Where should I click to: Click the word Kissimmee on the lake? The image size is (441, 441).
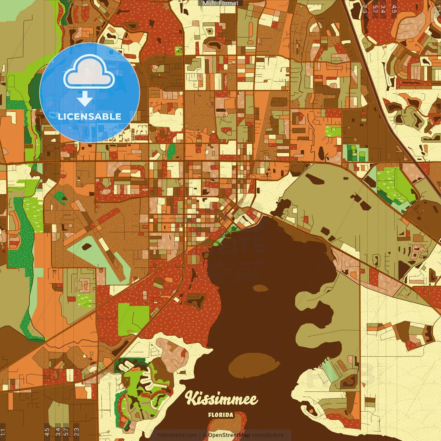[221, 399]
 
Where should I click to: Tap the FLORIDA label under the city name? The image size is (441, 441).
[220, 415]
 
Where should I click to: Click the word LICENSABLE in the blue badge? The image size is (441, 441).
[90, 116]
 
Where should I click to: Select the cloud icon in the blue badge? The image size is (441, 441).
[89, 72]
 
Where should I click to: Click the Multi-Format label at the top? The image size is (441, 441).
[220, 3]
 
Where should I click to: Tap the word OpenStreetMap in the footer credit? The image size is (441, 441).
[229, 435]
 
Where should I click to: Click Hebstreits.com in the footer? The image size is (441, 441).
[177, 435]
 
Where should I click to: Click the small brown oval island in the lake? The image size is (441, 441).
[260, 288]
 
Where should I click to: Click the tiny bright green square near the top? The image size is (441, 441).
[178, 51]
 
